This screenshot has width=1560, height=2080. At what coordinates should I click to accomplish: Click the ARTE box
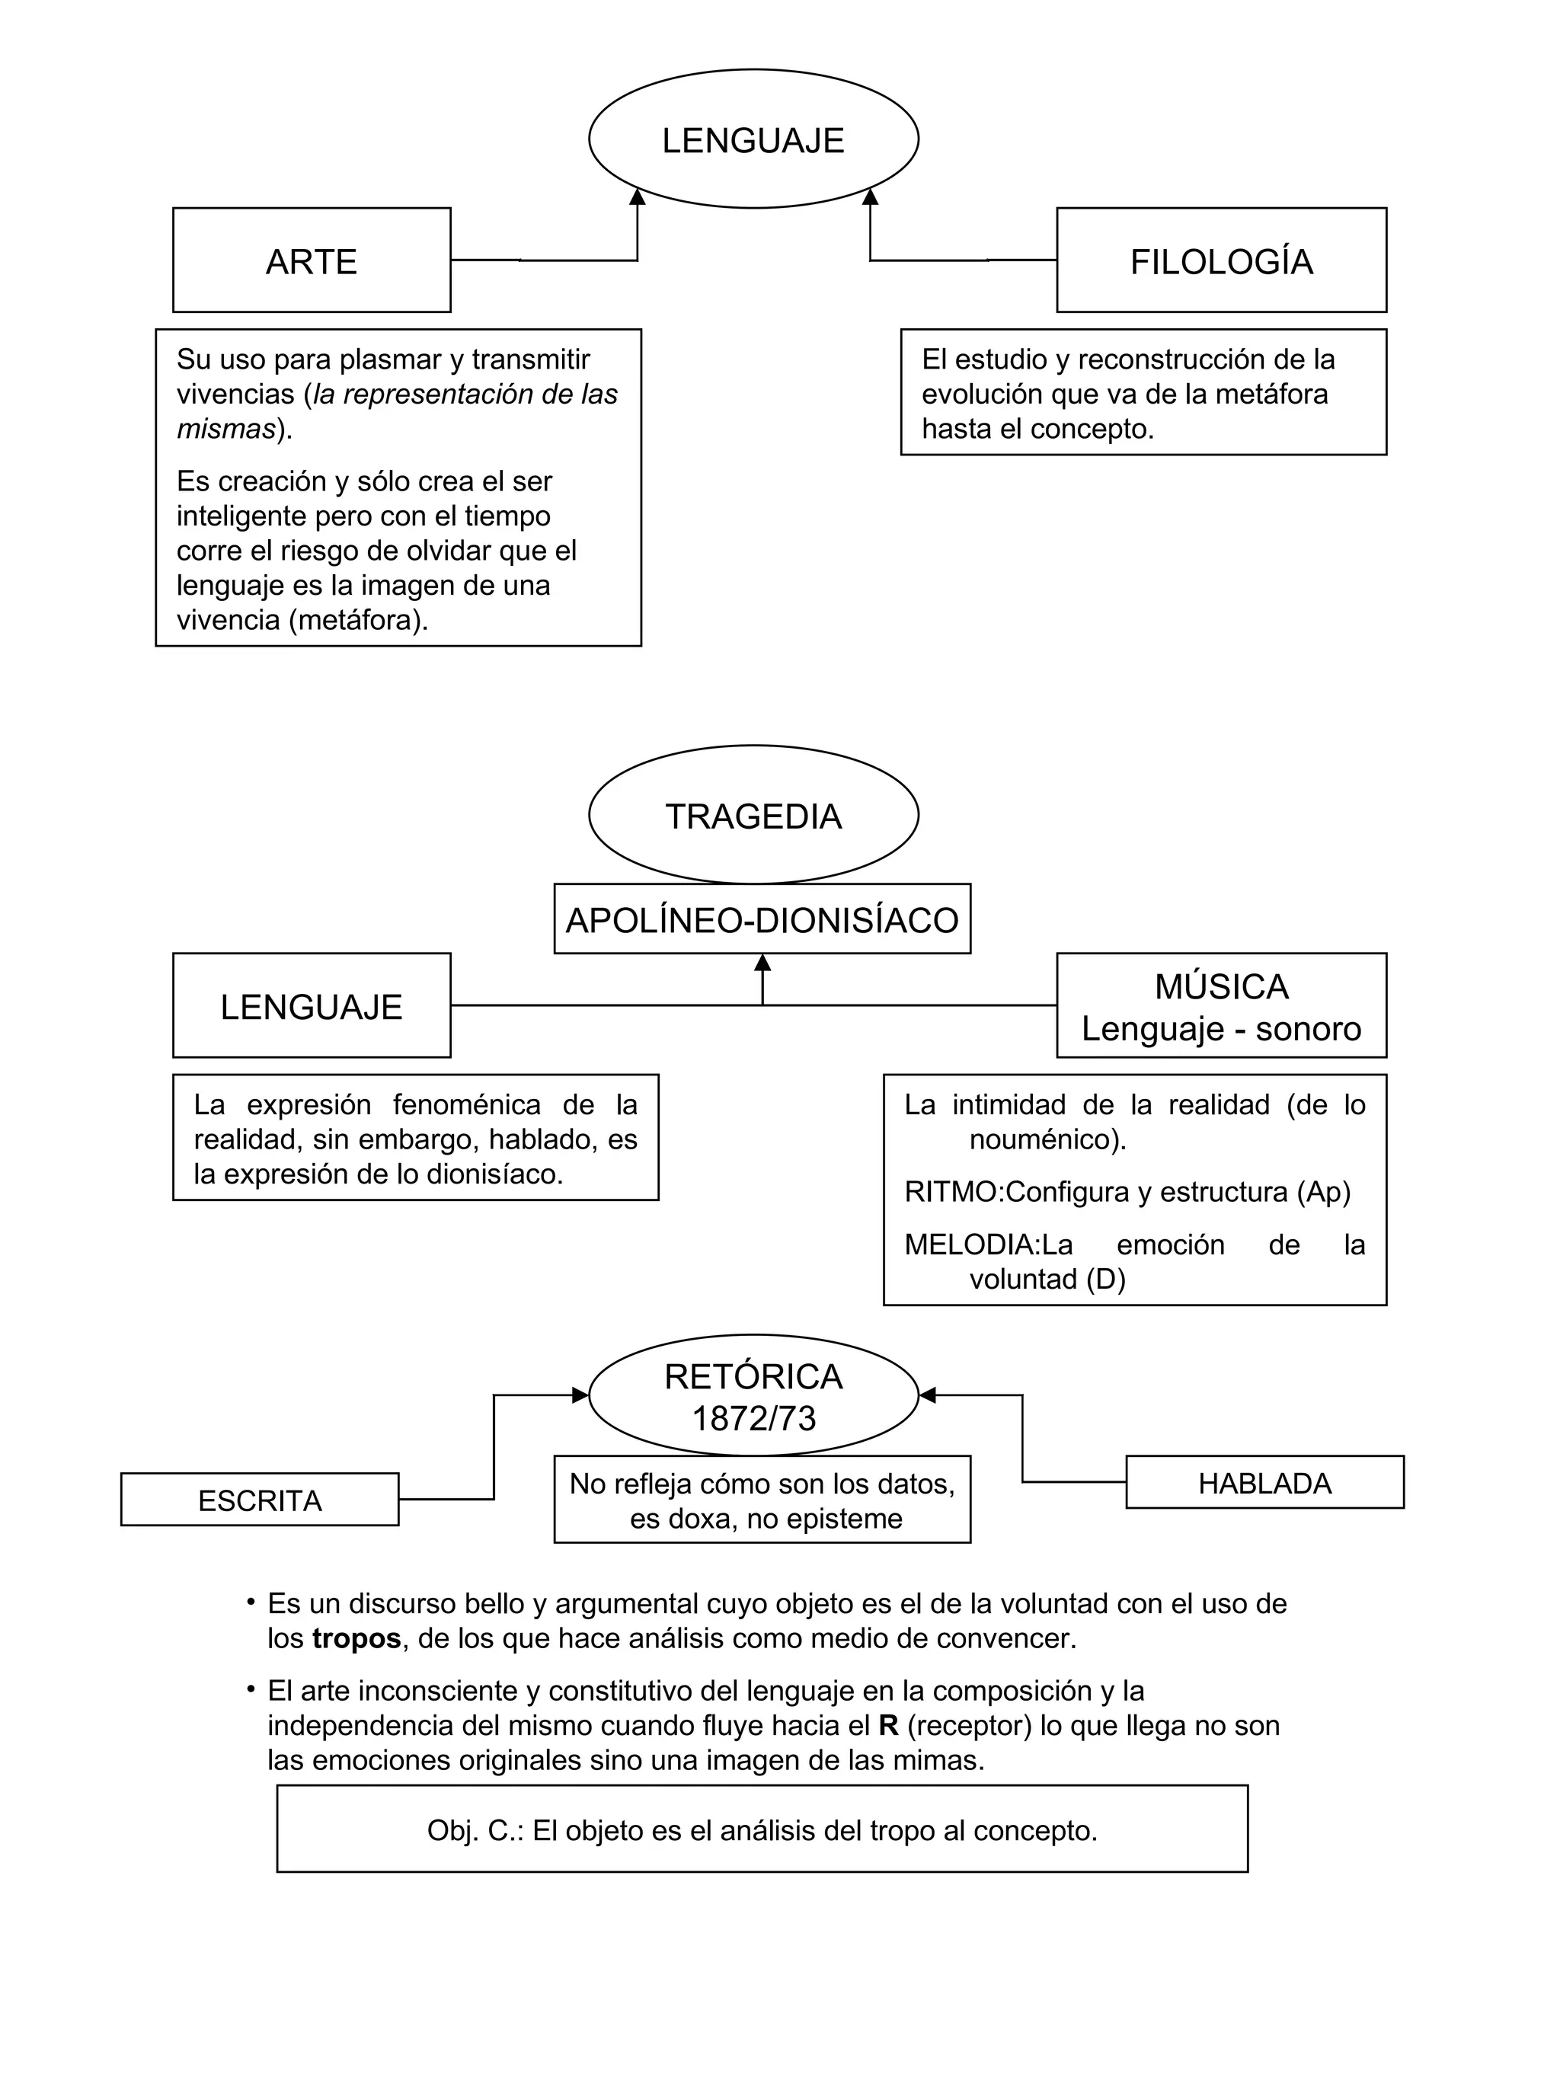[312, 260]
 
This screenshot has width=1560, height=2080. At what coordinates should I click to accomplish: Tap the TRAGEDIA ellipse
[753, 815]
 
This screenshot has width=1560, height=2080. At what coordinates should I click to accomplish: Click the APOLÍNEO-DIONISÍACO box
[762, 919]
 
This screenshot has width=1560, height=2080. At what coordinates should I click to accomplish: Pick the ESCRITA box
[260, 1500]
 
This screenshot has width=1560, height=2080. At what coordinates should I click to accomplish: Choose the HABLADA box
[1264, 1483]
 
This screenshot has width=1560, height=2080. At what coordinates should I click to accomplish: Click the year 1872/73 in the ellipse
[753, 1418]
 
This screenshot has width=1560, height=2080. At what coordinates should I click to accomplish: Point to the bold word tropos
[356, 1638]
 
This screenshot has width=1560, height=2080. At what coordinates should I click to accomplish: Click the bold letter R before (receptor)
[887, 1726]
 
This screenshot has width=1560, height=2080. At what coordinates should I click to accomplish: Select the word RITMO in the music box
[950, 1191]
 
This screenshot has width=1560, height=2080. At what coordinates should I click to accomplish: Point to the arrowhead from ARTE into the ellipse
[638, 196]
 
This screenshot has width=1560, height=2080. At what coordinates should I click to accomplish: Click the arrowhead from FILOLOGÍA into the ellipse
[870, 196]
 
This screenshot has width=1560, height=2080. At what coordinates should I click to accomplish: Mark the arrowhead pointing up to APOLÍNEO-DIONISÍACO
[762, 963]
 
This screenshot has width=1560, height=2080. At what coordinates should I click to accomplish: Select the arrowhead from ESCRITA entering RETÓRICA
[580, 1395]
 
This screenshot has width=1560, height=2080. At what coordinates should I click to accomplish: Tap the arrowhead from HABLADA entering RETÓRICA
[927, 1395]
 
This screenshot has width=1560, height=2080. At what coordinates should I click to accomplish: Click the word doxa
[694, 1518]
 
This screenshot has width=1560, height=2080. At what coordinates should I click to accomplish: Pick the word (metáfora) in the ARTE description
[358, 620]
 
